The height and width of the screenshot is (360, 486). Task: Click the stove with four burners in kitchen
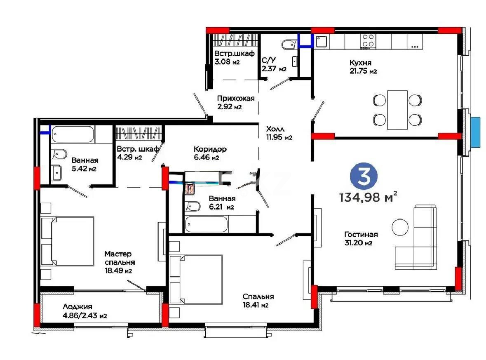(368, 40)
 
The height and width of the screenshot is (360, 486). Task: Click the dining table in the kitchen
(397, 109)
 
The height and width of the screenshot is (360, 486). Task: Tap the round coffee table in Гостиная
(400, 226)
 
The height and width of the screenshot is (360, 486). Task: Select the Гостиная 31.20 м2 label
(361, 238)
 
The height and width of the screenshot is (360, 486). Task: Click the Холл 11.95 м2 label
(279, 132)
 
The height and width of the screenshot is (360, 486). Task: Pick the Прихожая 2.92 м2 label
(236, 102)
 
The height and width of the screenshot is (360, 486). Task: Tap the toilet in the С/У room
(289, 44)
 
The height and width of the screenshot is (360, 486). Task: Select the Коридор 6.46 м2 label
(210, 153)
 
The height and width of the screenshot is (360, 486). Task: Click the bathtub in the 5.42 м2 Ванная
(73, 135)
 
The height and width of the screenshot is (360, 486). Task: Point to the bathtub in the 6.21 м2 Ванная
(207, 224)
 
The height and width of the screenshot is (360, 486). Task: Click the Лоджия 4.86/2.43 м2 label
(85, 311)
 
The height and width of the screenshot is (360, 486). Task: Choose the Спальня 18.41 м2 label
(258, 301)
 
